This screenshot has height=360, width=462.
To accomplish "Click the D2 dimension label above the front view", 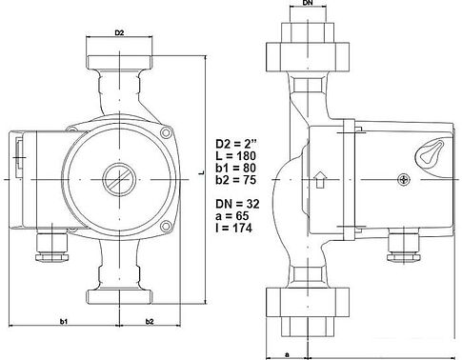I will coord(120,33).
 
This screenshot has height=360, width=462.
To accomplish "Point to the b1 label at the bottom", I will coord(64,323).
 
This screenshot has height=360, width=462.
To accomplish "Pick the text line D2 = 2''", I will coord(239,144).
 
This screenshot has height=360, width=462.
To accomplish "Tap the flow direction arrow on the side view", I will coord(320,176).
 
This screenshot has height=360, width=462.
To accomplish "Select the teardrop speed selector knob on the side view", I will coord(427,151).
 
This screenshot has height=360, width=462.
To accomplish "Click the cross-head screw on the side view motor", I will coord(406,178).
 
